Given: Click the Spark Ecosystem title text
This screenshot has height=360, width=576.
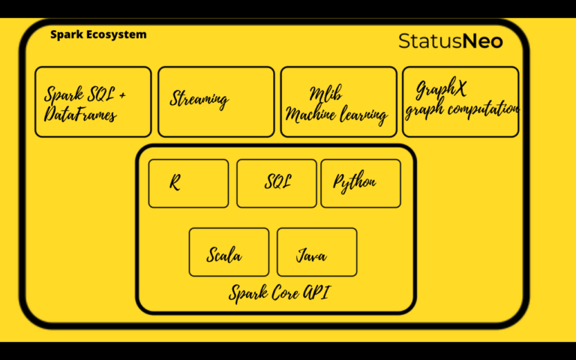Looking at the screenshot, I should [98, 34].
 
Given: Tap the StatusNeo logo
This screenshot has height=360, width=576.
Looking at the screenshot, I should [450, 40].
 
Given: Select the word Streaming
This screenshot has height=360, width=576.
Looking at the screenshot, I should [199, 99].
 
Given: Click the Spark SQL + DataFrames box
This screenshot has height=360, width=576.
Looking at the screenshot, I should [93, 102].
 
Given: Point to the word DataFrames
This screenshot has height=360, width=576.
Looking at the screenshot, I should [80, 114].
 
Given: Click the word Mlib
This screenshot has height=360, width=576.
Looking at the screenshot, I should [326, 94].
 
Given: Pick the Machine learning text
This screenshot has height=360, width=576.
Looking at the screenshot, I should [337, 115].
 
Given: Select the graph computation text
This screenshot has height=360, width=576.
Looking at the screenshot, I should [461, 109].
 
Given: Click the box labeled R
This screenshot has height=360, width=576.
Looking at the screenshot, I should [188, 183].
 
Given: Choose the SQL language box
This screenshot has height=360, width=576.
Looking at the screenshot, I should [277, 183].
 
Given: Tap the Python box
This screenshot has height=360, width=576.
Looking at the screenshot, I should [361, 183].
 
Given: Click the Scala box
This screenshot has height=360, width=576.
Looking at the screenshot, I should [229, 252].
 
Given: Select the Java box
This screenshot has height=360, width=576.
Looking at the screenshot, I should [316, 252].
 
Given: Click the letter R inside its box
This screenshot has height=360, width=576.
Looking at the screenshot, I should [174, 182].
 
